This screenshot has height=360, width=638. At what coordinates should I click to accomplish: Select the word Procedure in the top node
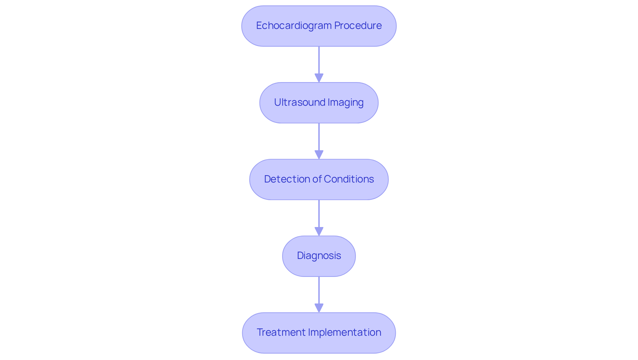click(x=358, y=26)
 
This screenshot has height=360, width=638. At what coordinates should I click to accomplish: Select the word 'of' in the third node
click(x=316, y=179)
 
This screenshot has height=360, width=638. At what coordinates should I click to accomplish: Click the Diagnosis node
click(x=319, y=256)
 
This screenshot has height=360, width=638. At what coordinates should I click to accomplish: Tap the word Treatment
click(x=281, y=332)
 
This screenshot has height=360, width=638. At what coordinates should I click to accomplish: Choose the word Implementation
click(x=345, y=332)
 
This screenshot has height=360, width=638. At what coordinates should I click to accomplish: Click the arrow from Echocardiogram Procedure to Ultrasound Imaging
click(x=319, y=61)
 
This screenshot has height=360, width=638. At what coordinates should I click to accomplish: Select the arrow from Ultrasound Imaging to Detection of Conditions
click(x=319, y=138)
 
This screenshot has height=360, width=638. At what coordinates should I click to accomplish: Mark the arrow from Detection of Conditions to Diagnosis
click(x=319, y=215)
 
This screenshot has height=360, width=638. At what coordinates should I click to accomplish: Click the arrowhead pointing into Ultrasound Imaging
click(x=319, y=78)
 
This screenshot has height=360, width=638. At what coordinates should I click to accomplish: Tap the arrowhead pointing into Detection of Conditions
click(x=319, y=155)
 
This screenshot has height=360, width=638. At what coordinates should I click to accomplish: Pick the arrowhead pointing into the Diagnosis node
click(x=319, y=232)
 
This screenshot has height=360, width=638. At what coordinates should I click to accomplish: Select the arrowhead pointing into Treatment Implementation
click(x=319, y=308)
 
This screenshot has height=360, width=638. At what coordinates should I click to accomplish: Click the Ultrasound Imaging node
click(x=319, y=113)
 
